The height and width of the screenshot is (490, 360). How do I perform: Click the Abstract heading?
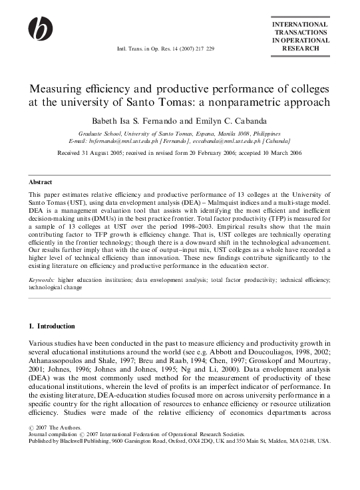[41, 181]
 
